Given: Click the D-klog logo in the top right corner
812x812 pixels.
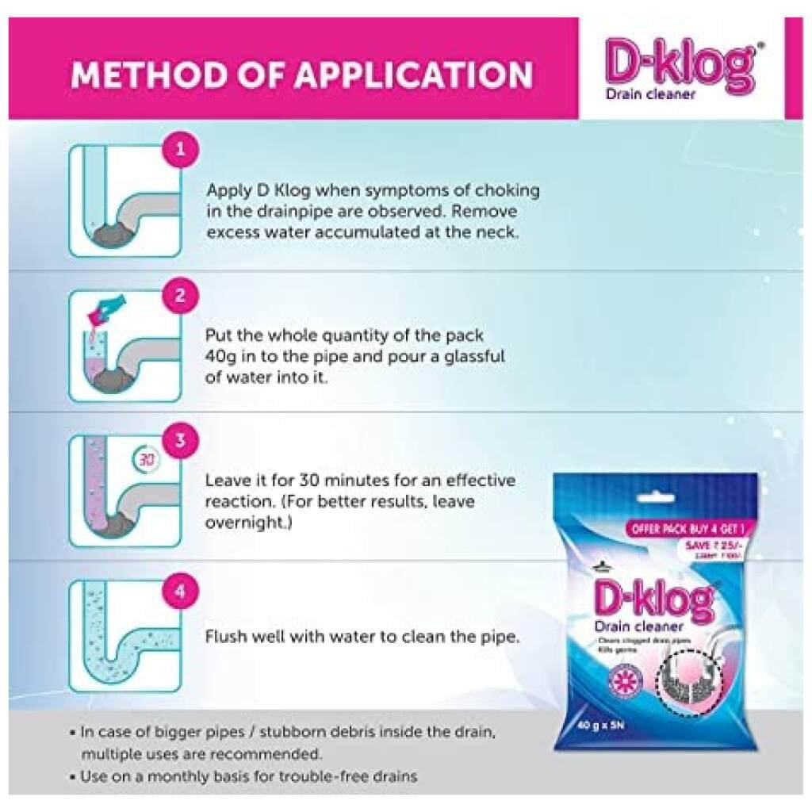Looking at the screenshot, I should (679, 65).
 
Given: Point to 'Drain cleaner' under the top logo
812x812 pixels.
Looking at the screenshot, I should (650, 94).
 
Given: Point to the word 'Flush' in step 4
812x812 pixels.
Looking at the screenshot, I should (226, 637).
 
